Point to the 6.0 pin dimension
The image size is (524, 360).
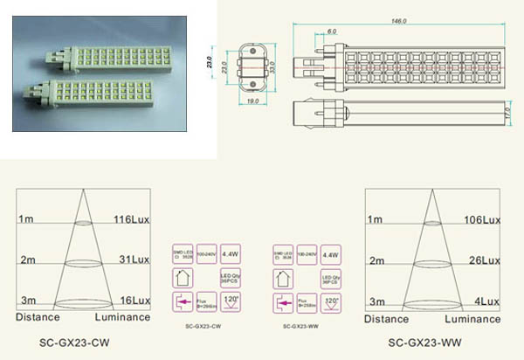click(x=307, y=31)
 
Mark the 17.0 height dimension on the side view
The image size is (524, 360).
click(x=509, y=113)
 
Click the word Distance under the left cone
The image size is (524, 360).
click(x=37, y=318)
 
